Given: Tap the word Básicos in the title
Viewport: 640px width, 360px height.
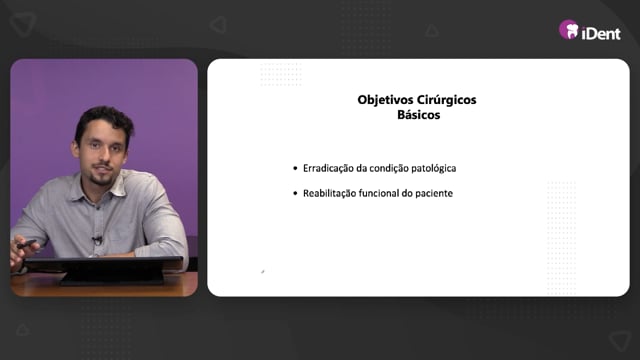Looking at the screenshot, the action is (x=418, y=115).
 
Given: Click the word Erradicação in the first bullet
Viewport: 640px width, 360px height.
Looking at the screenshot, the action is (x=328, y=169).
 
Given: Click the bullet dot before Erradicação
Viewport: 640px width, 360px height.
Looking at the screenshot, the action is (x=295, y=168).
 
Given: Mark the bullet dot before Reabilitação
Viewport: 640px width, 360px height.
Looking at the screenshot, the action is (x=295, y=193).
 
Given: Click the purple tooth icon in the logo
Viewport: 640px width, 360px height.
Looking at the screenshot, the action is (x=569, y=30).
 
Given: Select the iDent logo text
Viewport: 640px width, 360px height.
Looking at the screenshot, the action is (x=601, y=33).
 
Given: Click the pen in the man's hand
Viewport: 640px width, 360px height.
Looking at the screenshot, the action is (x=26, y=244).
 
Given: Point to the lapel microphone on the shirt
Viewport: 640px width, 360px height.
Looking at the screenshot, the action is (x=97, y=240).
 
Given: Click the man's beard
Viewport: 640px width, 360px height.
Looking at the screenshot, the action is (x=101, y=177).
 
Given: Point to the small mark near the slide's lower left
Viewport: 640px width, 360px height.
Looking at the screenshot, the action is (x=262, y=271).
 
